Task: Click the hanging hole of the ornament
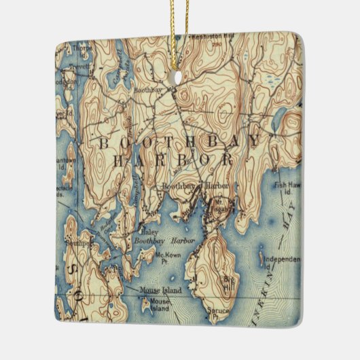point(179,76)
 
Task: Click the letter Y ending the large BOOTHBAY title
point(253,142)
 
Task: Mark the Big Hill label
point(229,281)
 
